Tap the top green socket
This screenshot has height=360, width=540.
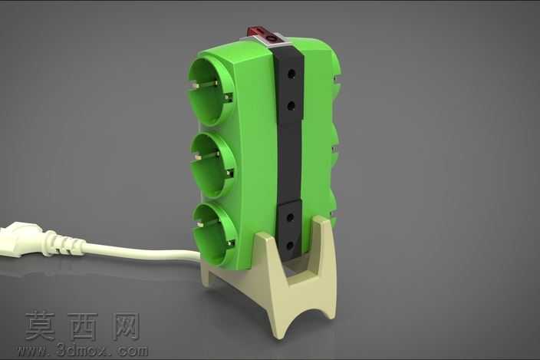pyautogui.click(x=209, y=91)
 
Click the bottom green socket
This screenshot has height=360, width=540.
pyautogui.click(x=215, y=234)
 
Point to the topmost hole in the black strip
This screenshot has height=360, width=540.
pyautogui.click(x=291, y=74)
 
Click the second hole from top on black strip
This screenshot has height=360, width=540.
pyautogui.click(x=291, y=106)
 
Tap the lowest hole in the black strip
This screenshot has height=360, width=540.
pyautogui.click(x=290, y=246)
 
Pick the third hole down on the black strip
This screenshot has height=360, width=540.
pyautogui.click(x=290, y=218)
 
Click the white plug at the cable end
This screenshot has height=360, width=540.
pyautogui.click(x=21, y=239)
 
